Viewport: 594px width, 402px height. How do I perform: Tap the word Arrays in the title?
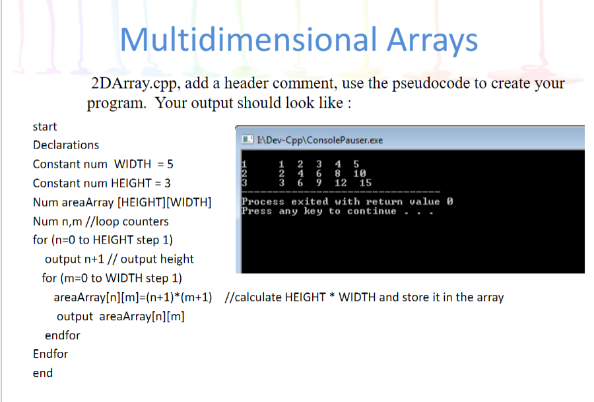point(432,40)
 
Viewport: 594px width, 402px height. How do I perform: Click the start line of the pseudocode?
point(45,126)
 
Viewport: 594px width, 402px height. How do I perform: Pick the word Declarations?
point(66,145)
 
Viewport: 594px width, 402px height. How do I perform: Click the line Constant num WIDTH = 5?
point(103,164)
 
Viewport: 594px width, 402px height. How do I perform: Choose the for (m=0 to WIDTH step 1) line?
point(112,278)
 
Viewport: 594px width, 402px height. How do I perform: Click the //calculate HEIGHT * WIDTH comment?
point(364,297)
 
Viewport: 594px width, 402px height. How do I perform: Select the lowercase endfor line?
point(62,335)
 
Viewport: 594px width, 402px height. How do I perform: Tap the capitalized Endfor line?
point(51,354)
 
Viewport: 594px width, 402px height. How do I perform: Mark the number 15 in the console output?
point(366,183)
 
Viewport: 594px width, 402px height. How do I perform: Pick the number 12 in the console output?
point(341,183)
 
